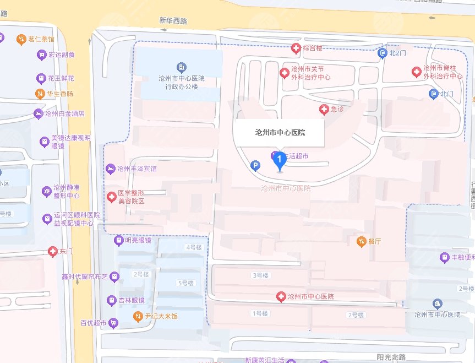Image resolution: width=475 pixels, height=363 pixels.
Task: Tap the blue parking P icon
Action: (x=255, y=165)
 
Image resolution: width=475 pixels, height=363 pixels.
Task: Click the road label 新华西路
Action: (x=173, y=21)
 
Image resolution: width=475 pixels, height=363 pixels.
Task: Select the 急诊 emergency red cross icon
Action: (x=324, y=109)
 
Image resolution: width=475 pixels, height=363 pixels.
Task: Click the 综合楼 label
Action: (x=312, y=48)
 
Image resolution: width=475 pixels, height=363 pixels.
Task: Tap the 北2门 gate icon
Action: (x=383, y=53)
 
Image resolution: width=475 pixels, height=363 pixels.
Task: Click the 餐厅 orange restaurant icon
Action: (x=361, y=241)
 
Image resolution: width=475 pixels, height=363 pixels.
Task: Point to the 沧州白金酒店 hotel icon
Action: (x=39, y=113)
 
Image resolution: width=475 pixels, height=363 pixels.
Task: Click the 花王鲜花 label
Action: (x=61, y=78)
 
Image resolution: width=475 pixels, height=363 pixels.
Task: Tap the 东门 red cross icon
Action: (x=52, y=251)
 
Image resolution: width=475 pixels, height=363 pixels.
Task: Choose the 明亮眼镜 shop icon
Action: (x=118, y=240)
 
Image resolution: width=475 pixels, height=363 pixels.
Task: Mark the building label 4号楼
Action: (x=194, y=247)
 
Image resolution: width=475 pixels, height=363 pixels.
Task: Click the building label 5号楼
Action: (x=186, y=283)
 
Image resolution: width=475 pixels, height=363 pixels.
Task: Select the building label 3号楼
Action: (x=259, y=275)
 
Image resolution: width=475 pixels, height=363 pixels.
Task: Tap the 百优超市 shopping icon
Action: (x=113, y=323)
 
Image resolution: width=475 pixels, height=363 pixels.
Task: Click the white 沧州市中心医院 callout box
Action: (x=280, y=133)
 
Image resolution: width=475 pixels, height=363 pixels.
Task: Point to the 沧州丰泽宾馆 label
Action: (x=137, y=168)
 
